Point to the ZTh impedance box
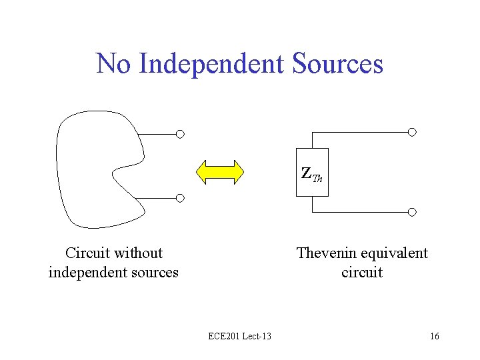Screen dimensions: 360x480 [x=312, y=173]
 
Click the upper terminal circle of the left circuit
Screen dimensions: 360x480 [x=180, y=133]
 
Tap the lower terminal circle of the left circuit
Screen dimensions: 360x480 [x=180, y=198]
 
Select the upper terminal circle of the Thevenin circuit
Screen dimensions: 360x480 [x=412, y=132]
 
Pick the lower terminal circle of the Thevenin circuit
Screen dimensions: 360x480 [x=412, y=212]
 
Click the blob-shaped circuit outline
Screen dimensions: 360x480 [x=63, y=167]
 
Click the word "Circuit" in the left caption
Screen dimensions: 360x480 [x=87, y=253]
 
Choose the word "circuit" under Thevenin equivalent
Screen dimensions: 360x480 [x=361, y=273]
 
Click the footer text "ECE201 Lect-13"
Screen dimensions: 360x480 [x=239, y=336]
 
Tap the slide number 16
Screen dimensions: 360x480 [x=435, y=336]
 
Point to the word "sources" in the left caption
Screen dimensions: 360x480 [x=155, y=273]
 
